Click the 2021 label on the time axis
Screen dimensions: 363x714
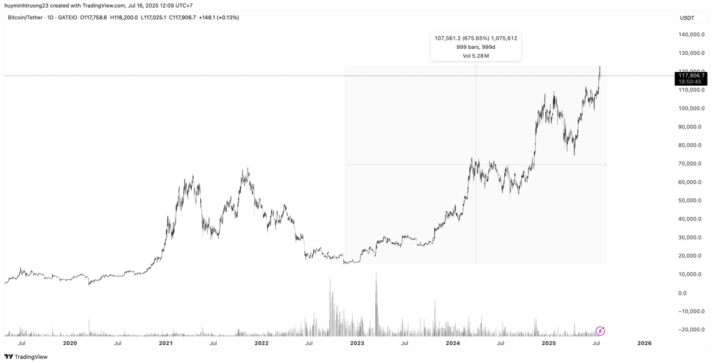165,343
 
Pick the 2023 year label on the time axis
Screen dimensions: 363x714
357,343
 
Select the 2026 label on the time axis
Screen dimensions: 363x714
644,343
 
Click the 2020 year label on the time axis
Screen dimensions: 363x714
70,343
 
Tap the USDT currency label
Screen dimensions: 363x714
688,18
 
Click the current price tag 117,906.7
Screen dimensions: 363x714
691,75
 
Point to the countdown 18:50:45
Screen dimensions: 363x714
691,82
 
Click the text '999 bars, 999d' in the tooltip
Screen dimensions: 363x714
476,47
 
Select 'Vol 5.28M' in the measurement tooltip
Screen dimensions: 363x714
476,56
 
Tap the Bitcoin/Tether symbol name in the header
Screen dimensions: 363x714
25,17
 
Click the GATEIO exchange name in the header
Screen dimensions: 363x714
68,17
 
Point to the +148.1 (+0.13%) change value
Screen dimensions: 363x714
219,17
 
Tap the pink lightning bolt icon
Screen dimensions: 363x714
600,331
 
